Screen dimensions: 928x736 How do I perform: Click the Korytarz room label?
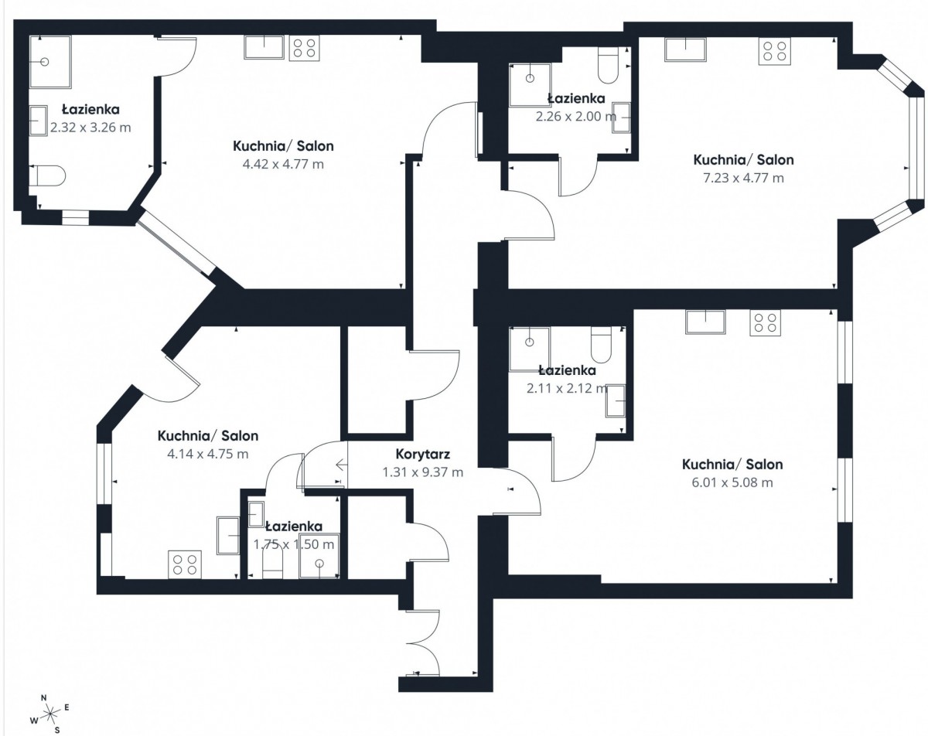(x=422, y=454)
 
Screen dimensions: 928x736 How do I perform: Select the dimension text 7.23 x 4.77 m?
(x=743, y=178)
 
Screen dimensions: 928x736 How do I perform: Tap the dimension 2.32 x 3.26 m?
(x=90, y=128)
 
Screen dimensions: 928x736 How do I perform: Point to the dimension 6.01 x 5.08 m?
(x=732, y=482)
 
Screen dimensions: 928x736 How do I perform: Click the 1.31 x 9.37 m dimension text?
(x=422, y=472)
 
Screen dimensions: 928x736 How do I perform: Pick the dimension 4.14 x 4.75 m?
(x=208, y=454)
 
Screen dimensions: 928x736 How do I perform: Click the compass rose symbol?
(x=50, y=714)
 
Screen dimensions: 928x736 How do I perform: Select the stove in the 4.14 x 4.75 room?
(x=185, y=565)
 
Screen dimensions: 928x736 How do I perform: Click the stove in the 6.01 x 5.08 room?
(x=765, y=322)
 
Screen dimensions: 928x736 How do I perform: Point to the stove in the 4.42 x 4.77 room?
(x=304, y=48)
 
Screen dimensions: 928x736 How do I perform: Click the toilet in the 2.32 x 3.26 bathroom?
(x=50, y=175)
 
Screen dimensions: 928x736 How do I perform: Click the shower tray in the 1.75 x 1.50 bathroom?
(x=319, y=556)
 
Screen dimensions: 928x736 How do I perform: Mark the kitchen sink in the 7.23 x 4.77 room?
(x=685, y=49)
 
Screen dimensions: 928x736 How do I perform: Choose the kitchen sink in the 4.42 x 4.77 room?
(x=264, y=47)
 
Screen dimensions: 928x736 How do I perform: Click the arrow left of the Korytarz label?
(x=342, y=465)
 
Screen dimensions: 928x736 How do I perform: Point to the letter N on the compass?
(x=43, y=697)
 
